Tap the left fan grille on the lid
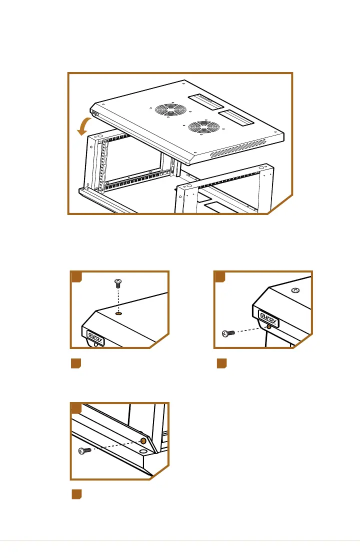[171, 109]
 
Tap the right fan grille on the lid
[204, 127]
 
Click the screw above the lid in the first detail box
[118, 283]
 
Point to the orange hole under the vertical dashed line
[119, 313]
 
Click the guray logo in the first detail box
[95, 337]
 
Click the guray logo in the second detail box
[268, 318]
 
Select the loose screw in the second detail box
[228, 333]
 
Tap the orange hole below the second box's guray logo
[269, 326]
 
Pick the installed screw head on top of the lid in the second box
[295, 290]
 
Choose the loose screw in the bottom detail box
[84, 451]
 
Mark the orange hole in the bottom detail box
[143, 441]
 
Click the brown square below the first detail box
[76, 363]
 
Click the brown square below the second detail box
[221, 363]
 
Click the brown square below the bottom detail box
[76, 494]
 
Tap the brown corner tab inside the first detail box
[76, 277]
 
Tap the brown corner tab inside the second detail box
[220, 277]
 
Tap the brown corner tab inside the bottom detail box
[76, 408]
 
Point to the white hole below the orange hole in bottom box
[143, 451]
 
